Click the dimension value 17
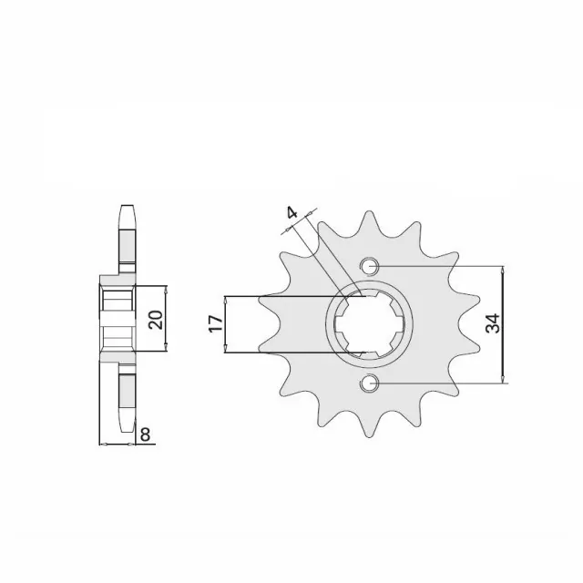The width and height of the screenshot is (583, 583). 216,324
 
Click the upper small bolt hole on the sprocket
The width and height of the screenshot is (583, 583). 370,266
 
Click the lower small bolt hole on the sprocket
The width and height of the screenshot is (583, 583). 370,384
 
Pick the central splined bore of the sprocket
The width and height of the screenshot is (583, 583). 370,325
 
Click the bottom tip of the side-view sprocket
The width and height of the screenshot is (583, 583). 128,435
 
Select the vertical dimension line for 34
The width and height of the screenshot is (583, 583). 504,325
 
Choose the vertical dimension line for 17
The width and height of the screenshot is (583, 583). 226,324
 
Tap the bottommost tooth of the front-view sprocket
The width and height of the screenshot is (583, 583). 370,430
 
